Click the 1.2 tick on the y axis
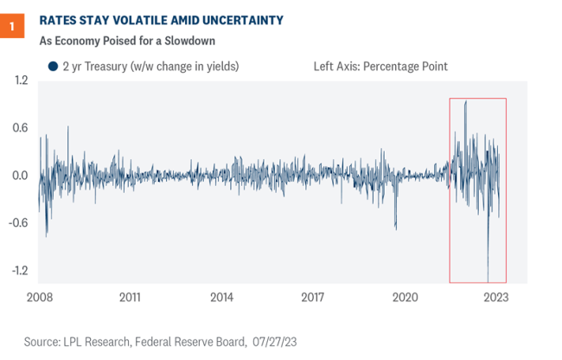tap(21, 80)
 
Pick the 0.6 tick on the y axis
tap(21, 128)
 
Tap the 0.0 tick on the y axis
tap(21, 176)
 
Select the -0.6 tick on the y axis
tap(19, 222)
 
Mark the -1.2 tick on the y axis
tap(19, 270)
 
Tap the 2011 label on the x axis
tap(130, 297)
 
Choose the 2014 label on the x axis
tap(221, 297)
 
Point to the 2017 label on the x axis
tap(313, 297)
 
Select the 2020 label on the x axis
tap(405, 297)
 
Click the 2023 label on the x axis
tap(495, 297)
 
